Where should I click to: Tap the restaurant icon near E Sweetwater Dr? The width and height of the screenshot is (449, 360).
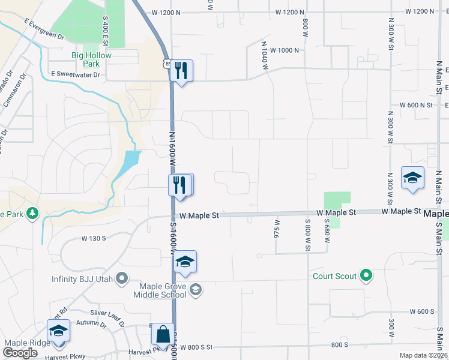point(181,71)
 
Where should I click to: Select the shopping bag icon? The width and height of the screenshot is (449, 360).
point(163,334)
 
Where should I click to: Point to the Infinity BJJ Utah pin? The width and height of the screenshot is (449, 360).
point(122,277)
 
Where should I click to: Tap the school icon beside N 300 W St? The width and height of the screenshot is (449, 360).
point(412,178)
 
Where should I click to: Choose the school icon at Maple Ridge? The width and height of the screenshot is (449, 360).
point(58,331)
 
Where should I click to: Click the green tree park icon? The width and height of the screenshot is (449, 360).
point(32,213)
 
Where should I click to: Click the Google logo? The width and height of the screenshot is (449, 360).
point(20,353)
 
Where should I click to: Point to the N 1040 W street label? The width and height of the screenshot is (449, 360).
point(264,55)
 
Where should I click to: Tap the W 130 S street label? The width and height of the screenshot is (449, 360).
point(94,238)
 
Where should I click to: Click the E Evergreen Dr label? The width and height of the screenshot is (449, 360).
point(44,29)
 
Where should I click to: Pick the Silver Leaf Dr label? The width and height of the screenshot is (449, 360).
point(105,313)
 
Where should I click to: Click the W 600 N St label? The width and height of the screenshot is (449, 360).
point(418,105)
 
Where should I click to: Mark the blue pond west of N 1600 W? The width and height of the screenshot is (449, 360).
point(128,162)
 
